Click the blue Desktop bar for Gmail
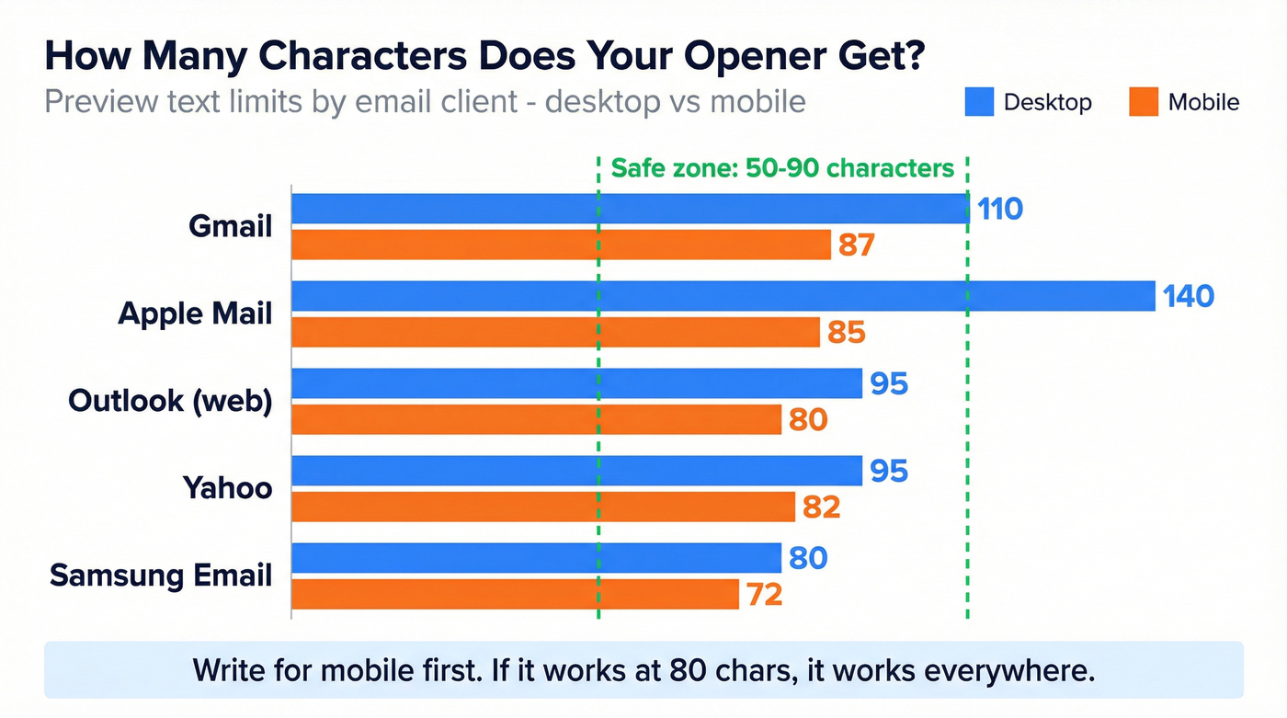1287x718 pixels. [630, 209]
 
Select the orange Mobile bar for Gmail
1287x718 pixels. [561, 245]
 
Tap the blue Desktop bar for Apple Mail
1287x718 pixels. [723, 296]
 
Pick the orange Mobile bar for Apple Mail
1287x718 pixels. [555, 332]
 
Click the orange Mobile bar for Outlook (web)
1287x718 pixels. [536, 419]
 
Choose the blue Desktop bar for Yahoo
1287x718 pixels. [576, 471]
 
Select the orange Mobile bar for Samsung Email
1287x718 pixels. [515, 594]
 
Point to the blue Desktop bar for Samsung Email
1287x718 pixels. [536, 558]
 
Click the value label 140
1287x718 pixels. [1188, 296]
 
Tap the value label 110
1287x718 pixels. [1000, 209]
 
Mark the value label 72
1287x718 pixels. [764, 595]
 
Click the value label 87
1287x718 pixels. [855, 245]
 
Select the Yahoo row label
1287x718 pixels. [227, 487]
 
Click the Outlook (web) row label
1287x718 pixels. [170, 401]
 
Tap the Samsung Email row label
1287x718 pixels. [161, 576]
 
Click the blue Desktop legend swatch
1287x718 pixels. [979, 102]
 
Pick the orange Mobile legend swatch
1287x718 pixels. [1144, 102]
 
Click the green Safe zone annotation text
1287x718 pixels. [782, 168]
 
